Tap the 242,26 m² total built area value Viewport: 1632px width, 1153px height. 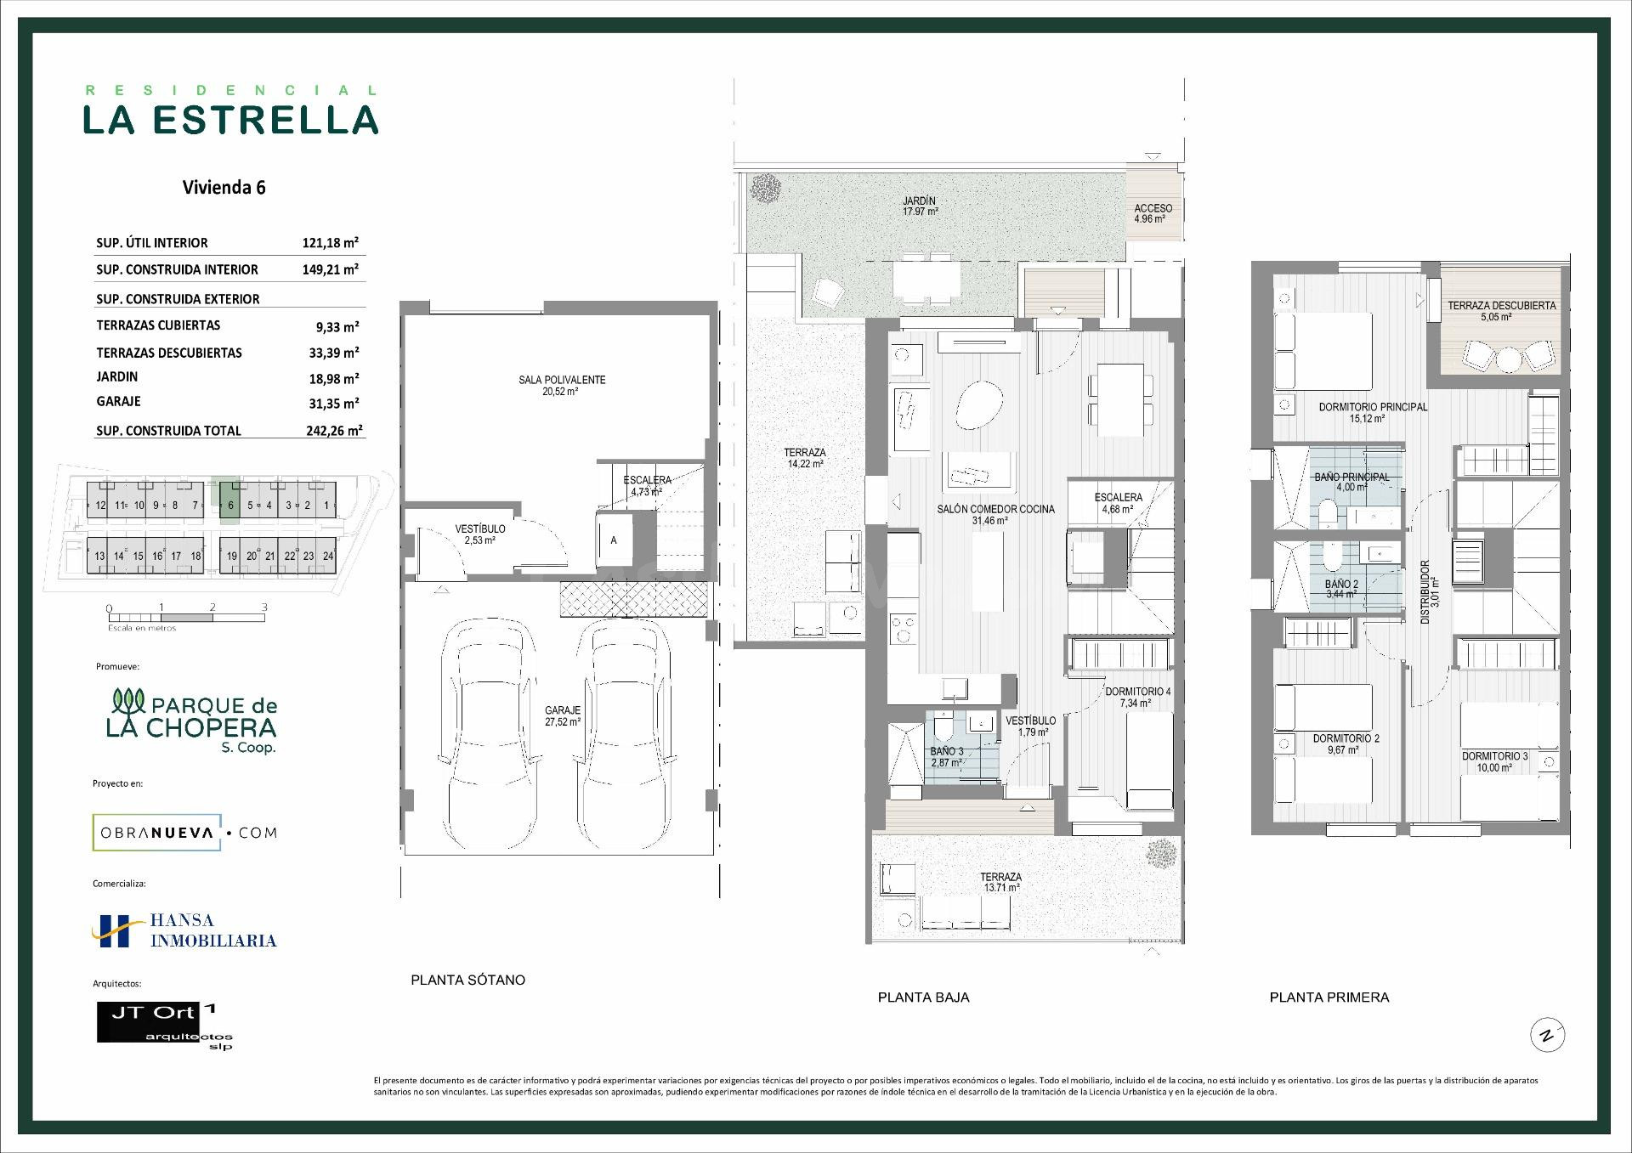[335, 431]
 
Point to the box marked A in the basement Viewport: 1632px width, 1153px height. [614, 540]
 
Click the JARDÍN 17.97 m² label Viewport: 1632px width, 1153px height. [920, 206]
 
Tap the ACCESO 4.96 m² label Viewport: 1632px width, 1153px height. [1153, 213]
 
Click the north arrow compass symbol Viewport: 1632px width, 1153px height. [1548, 1036]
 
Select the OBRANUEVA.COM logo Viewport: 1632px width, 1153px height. [184, 833]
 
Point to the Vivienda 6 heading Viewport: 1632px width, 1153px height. [224, 188]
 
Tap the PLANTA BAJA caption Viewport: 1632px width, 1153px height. [923, 998]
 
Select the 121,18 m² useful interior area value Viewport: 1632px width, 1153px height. [331, 243]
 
